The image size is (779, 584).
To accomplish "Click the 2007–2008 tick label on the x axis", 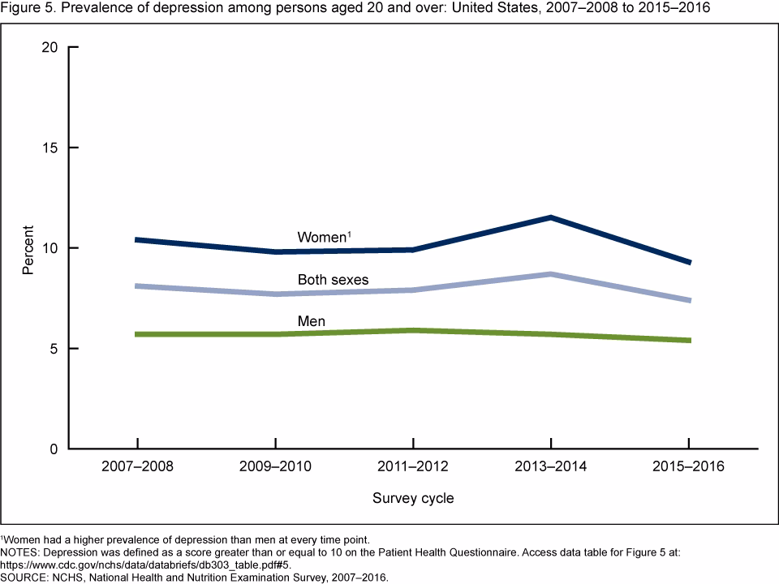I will point(138,468).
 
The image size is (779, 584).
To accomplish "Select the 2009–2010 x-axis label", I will point(276,468).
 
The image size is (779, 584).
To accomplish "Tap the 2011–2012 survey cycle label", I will point(413,468).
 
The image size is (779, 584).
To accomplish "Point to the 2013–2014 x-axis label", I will point(551,468).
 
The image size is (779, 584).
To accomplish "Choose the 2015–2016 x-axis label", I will point(689,468).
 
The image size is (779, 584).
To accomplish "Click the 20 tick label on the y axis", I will point(49,47).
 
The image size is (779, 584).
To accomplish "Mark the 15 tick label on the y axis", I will point(49,148).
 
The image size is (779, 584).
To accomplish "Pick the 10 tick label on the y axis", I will point(49,248).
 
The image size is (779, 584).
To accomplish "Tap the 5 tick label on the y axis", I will point(54,349).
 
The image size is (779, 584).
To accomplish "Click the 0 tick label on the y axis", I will point(54,449).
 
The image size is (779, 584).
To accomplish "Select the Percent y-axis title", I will point(28,248).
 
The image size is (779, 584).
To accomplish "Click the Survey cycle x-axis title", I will point(413,498).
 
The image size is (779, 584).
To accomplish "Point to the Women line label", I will point(323,238).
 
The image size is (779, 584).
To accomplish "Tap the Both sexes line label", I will point(333,280).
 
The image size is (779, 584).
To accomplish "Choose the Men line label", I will point(312,322).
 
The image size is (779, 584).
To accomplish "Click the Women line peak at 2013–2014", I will point(551,217).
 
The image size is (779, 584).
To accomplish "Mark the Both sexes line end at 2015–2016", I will point(689,300).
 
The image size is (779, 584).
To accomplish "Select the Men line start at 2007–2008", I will point(138,334).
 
